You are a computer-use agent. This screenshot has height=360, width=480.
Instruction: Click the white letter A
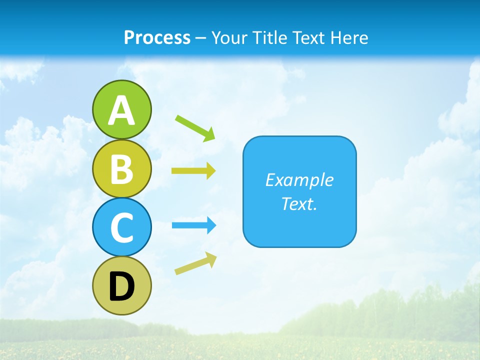pos(121,110)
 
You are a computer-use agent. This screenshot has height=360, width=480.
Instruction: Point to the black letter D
pos(121,287)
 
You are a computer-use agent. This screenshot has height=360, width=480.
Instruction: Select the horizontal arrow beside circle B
pos(193,171)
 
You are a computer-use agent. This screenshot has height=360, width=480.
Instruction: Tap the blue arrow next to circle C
pos(194,225)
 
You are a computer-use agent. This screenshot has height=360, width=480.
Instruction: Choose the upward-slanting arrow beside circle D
pos(195,263)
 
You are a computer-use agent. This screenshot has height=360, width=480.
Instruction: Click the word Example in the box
pos(299,180)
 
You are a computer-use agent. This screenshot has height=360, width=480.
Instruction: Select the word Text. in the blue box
pos(299,204)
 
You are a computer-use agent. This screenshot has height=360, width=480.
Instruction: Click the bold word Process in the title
pos(157,38)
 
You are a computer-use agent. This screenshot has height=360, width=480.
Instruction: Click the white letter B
pos(121,169)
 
